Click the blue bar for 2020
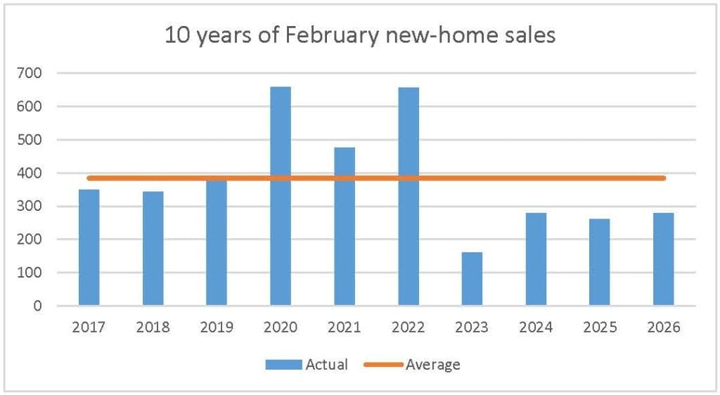281,197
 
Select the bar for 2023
472,279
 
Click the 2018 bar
153,249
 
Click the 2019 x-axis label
217,328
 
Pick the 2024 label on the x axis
536,328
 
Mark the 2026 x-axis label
663,328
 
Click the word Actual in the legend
326,364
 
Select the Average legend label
433,364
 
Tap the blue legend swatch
283,364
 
